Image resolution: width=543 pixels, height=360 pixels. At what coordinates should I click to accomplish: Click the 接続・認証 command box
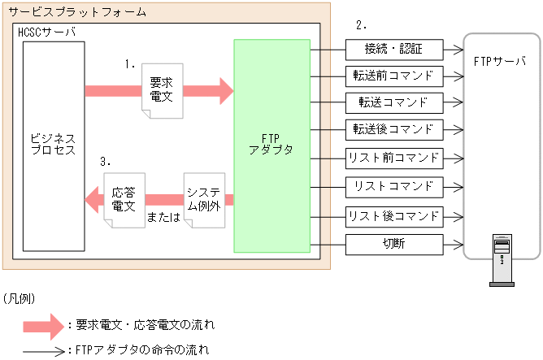(x=395, y=49)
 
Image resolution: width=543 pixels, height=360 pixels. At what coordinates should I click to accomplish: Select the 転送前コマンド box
(x=395, y=76)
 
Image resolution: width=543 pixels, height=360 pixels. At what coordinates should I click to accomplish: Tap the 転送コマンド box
(x=395, y=103)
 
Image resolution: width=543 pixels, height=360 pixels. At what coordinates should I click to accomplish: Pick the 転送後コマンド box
(x=395, y=130)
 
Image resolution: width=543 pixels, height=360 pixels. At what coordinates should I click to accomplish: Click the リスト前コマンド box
(x=395, y=158)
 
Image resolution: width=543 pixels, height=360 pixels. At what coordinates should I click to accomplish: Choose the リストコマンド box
(x=395, y=186)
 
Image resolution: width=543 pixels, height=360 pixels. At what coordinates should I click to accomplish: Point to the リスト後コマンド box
(x=395, y=216)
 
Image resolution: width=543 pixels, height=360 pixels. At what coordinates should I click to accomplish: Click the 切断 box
(x=395, y=244)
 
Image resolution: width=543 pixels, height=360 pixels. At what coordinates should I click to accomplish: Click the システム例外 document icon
(x=203, y=198)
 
